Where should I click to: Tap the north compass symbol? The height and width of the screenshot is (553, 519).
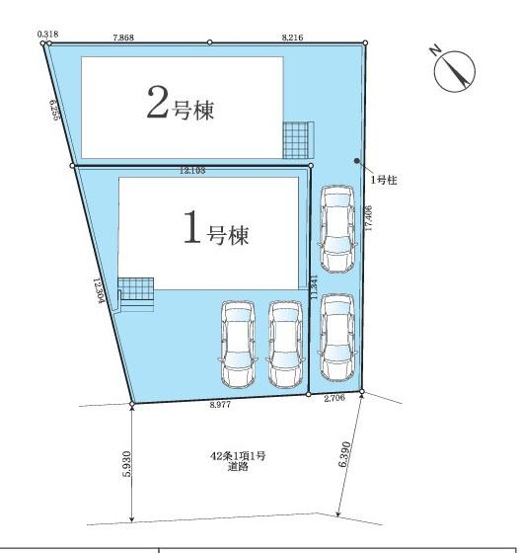[454, 70]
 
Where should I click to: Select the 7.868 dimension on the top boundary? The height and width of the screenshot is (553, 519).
[124, 37]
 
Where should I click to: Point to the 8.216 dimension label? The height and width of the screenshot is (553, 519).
[293, 37]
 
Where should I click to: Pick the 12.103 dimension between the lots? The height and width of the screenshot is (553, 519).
[192, 171]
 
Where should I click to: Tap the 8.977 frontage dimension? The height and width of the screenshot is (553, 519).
[220, 404]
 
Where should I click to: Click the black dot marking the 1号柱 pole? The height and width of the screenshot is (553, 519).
[357, 163]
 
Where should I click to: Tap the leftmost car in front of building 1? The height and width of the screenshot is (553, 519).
[238, 345]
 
